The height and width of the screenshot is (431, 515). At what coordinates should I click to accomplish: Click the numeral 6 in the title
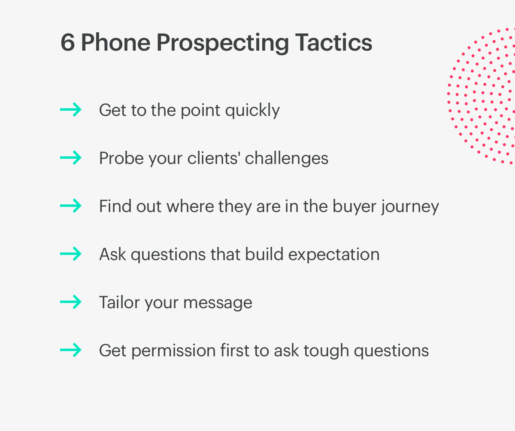67,42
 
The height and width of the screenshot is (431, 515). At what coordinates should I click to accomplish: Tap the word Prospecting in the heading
222,44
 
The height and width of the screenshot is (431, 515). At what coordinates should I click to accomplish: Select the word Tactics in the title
334,42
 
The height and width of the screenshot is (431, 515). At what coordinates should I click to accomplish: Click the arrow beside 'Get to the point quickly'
70,109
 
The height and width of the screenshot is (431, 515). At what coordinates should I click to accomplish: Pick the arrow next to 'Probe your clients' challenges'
70,158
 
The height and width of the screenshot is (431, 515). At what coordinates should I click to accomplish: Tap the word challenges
286,158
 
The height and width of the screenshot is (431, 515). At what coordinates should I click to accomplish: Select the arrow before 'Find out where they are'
70,206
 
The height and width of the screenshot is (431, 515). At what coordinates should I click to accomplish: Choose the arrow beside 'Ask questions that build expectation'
70,254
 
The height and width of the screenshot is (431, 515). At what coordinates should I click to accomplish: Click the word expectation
334,255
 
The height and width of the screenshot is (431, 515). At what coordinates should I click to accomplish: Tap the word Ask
113,254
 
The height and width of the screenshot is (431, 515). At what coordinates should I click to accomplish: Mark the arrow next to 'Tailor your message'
70,302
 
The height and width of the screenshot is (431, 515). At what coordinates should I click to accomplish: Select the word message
218,303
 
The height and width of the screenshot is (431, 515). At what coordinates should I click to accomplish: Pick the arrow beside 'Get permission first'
70,350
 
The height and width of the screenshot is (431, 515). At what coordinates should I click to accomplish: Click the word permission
173,351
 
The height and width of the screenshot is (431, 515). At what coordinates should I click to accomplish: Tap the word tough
326,351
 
